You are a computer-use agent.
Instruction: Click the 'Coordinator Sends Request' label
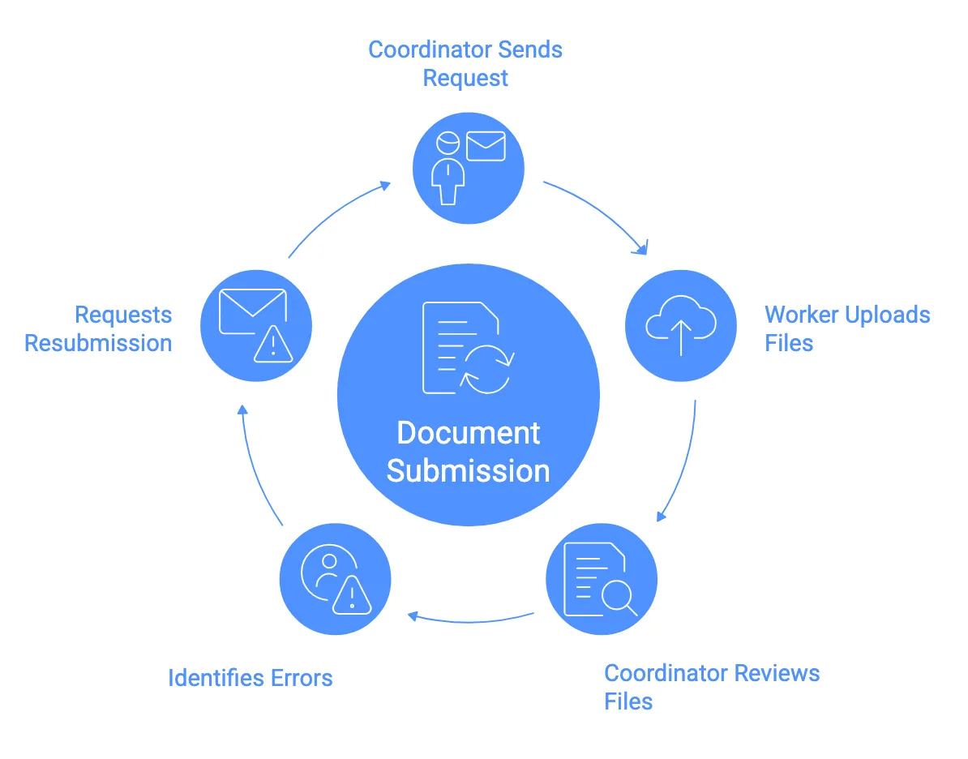[465, 64]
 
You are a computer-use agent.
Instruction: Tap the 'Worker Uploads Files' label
[847, 328]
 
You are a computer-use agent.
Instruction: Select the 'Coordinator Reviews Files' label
[712, 686]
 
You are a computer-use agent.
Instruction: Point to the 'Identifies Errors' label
[250, 678]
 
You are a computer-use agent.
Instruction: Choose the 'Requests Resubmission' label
[99, 328]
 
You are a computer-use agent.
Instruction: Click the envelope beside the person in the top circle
[486, 146]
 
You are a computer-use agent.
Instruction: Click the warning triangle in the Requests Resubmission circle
[273, 345]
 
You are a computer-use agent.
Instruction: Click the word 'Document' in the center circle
[468, 433]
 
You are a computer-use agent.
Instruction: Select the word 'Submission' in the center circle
[468, 471]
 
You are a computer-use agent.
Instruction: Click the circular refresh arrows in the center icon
[486, 369]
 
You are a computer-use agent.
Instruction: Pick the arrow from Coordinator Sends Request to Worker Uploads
[600, 212]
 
